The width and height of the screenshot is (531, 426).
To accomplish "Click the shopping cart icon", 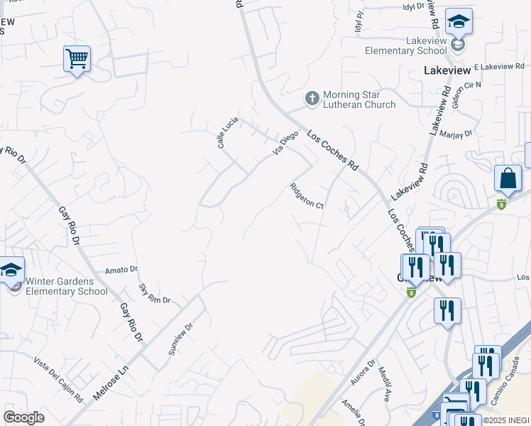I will [77, 59].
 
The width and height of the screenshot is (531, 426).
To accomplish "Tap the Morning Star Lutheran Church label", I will [359, 100].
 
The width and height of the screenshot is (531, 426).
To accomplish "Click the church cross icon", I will [311, 98].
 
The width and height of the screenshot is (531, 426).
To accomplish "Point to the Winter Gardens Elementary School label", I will [67, 286].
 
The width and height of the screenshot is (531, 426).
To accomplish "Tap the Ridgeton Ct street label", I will [307, 196].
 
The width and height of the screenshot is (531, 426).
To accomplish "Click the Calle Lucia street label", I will [227, 132].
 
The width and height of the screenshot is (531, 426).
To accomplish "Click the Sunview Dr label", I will [180, 339].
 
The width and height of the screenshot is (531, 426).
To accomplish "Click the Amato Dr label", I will [121, 270].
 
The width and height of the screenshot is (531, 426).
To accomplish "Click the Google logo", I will [24, 417].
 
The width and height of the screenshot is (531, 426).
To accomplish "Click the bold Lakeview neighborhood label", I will [447, 71].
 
